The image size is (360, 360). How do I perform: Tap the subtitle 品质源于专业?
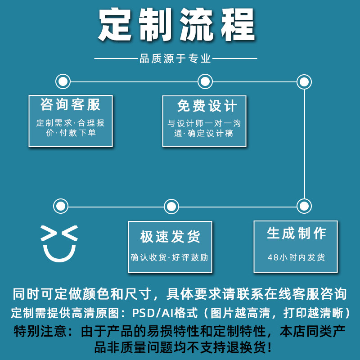[x=175, y=58]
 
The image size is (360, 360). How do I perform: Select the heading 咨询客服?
[x=71, y=104]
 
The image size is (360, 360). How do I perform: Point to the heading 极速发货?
[x=170, y=236]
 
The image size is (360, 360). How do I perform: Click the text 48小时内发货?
[x=296, y=258]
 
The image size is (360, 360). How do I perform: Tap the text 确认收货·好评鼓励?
[x=170, y=258]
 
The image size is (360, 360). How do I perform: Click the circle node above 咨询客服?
[x=63, y=82]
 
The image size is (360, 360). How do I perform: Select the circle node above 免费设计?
[x=205, y=82]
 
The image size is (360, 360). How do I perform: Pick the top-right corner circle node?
[x=305, y=82]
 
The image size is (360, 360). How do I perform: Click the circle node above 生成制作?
[x=305, y=206]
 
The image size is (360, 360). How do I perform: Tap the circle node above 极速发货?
[x=171, y=207]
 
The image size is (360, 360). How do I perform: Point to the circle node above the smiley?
[x=60, y=207]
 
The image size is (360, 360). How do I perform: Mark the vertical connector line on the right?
[x=305, y=144]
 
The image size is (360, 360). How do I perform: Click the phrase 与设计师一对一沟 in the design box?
[x=204, y=123]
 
